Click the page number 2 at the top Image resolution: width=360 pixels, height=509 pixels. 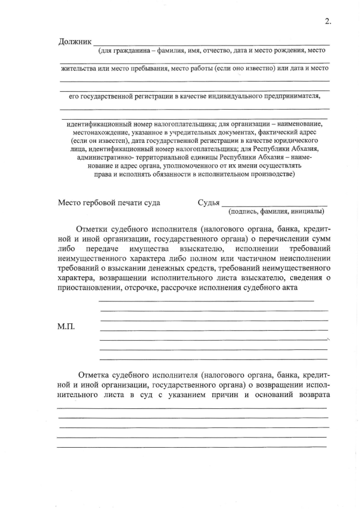click(327, 21)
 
